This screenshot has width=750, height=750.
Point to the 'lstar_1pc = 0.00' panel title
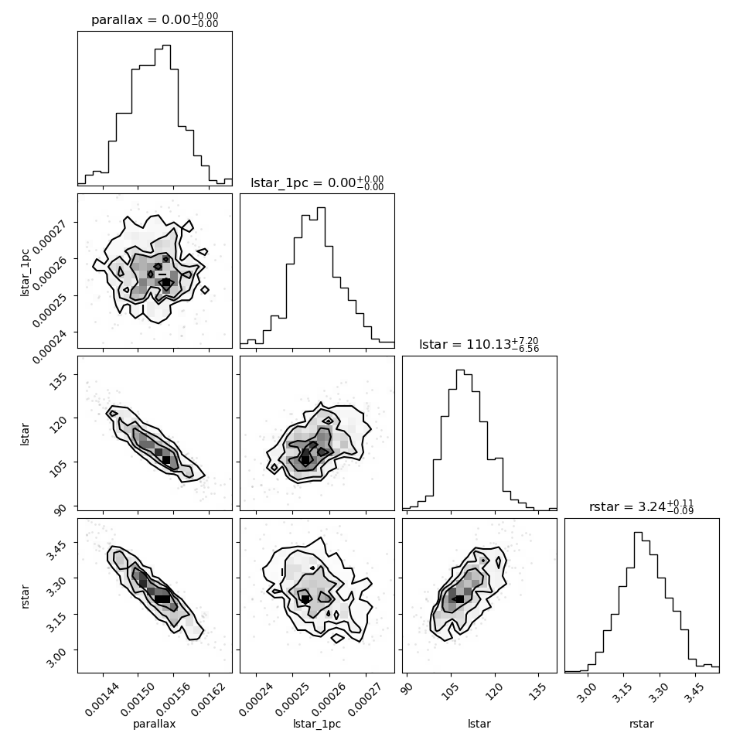(x=303, y=182)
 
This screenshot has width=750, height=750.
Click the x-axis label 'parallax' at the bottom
(x=154, y=724)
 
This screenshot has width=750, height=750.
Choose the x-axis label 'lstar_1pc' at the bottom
(x=317, y=724)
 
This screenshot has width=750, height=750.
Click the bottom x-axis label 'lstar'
(x=479, y=724)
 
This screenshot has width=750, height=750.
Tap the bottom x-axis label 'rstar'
(x=642, y=724)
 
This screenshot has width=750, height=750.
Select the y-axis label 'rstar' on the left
(x=25, y=596)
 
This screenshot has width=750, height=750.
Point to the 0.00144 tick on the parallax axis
(x=102, y=699)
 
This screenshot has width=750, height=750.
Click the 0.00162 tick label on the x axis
(x=208, y=699)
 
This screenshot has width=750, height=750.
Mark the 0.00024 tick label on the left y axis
(x=49, y=347)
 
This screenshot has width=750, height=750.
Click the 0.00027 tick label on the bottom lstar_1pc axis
(x=365, y=699)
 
